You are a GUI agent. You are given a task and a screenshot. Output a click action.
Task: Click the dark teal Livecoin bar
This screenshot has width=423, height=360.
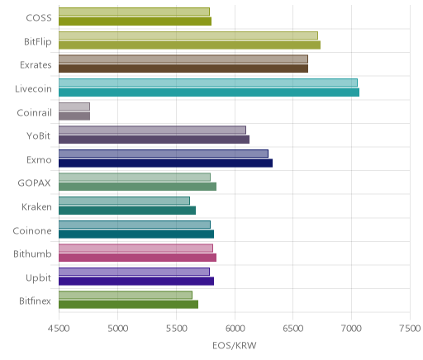point(209,92)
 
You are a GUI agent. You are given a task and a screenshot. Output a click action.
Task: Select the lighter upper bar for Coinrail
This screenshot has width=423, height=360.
point(74,107)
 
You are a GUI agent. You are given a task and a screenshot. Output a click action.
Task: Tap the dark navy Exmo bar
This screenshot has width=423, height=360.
point(166,163)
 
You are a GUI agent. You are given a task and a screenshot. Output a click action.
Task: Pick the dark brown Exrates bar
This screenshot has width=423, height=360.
point(183,69)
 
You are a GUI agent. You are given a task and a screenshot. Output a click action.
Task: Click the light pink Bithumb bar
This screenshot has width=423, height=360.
point(135,249)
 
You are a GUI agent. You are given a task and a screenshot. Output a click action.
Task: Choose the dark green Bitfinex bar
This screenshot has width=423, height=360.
point(129,305)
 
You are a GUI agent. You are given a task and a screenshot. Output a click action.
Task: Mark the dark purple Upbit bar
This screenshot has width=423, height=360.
point(136,282)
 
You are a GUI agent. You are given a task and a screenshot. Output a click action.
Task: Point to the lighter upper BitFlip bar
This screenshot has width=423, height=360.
point(188,36)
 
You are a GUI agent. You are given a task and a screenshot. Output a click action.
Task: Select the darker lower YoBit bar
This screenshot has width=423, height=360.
point(154,140)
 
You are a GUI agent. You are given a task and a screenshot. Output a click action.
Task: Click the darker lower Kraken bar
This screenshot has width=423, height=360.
point(127,211)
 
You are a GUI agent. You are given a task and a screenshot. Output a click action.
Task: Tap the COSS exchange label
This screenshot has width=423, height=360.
point(39,18)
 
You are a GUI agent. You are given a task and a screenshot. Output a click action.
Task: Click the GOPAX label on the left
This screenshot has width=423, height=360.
point(34,183)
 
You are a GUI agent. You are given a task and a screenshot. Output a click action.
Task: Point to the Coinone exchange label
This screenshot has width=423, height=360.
point(32,230)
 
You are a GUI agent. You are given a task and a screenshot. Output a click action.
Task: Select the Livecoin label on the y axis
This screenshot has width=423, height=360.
point(33,88)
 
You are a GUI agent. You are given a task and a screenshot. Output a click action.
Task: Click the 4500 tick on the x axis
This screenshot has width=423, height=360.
point(59,328)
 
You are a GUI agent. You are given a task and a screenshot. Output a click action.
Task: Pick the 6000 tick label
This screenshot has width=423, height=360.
point(235,328)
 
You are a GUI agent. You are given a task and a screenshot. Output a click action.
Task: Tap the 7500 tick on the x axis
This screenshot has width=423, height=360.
point(410,328)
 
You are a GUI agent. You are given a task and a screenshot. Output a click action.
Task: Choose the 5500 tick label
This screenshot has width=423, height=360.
point(176,328)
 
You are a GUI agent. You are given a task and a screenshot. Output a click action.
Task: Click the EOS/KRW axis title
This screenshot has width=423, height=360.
point(235,345)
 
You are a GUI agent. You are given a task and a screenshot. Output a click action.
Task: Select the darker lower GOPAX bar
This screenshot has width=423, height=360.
point(138,187)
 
